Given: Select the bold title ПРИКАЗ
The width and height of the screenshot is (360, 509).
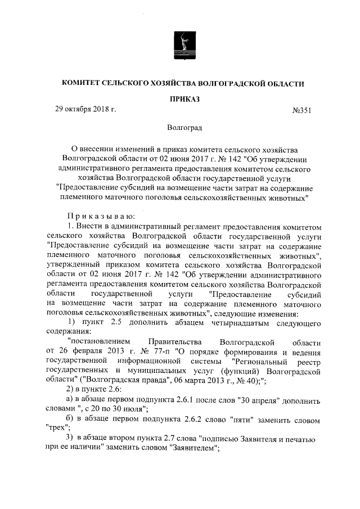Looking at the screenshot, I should click(180, 99).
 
